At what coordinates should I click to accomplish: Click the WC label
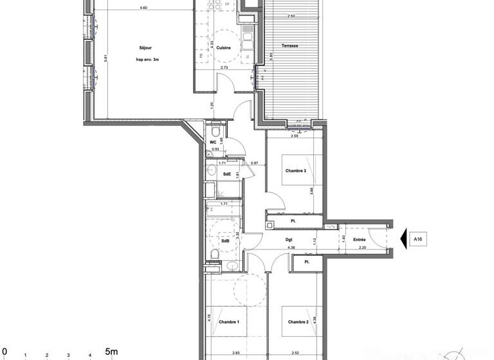point(213,143)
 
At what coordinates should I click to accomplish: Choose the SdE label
point(227,174)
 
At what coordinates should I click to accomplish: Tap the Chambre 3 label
point(296,171)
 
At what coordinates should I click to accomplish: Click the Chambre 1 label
point(228,321)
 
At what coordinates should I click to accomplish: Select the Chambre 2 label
point(298,321)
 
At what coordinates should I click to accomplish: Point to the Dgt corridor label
point(289,240)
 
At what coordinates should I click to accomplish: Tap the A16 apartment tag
point(417,240)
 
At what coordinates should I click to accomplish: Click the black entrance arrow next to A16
point(404,240)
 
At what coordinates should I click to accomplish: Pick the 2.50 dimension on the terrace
point(291,16)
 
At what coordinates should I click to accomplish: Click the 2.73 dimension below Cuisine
point(224,67)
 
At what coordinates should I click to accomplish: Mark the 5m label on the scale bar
point(111,352)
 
